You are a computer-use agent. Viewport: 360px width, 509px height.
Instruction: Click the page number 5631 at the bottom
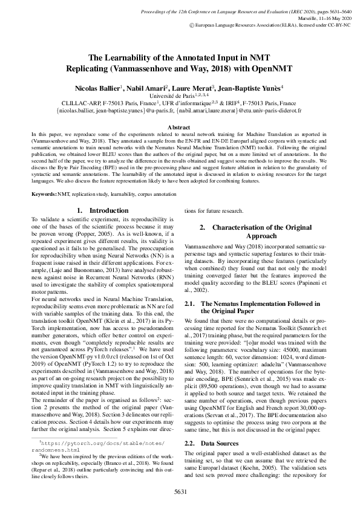pyautogui.click(x=180, y=491)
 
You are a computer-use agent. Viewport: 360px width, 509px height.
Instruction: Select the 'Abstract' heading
pyautogui.click(x=180, y=128)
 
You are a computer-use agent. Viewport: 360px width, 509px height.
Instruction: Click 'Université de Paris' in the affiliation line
pyautogui.click(x=175, y=95)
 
